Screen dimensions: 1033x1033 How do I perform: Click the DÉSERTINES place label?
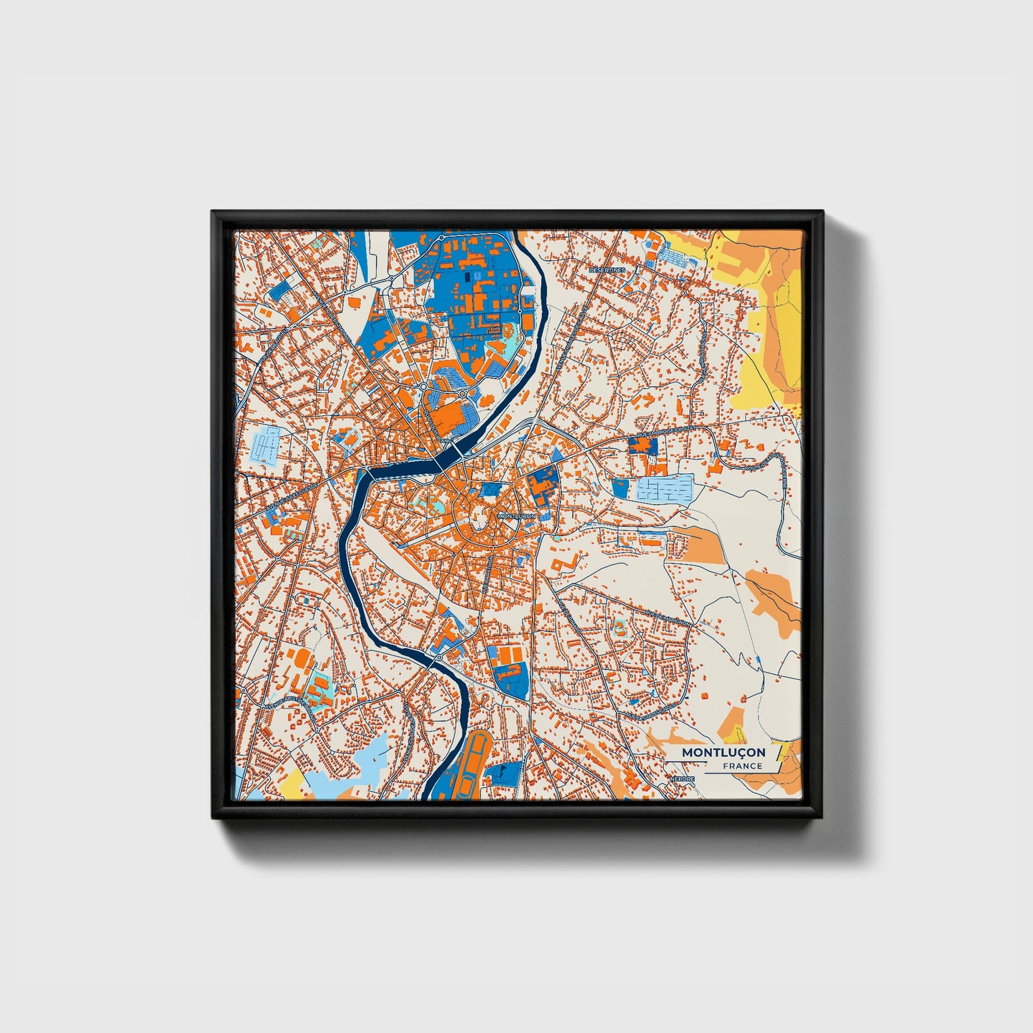607,270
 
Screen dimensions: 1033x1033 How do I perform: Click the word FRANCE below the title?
742,766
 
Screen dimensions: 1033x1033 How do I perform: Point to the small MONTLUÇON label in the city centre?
515,515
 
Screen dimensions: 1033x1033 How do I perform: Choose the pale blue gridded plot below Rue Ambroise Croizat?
666,489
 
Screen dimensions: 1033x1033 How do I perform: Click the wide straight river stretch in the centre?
404,470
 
